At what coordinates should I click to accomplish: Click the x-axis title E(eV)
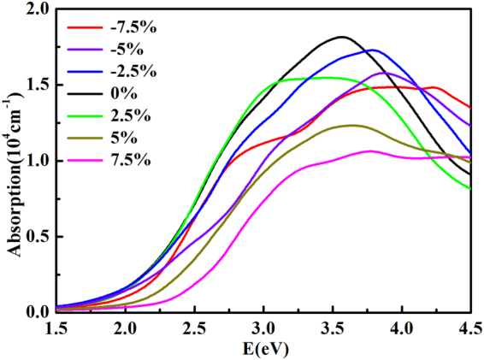tap(262, 349)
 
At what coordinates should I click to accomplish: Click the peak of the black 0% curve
tap(342, 37)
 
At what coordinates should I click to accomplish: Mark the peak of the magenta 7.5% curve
tap(369, 150)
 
